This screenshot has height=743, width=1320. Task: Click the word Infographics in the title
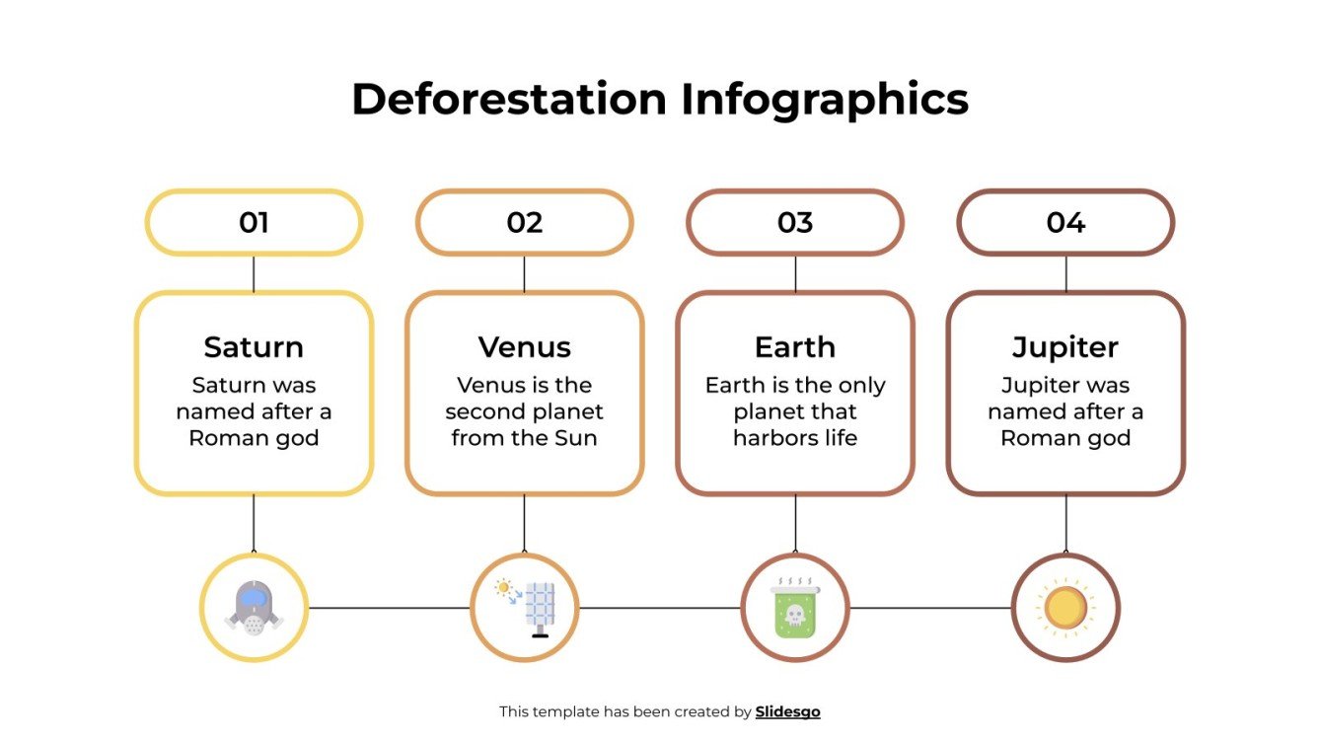pyautogui.click(x=825, y=101)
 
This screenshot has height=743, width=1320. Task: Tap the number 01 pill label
pyautogui.click(x=254, y=222)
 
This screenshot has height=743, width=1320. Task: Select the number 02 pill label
pyautogui.click(x=524, y=222)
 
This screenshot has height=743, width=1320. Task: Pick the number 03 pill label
pyautogui.click(x=795, y=222)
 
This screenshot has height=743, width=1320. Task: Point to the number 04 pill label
pyautogui.click(x=1065, y=222)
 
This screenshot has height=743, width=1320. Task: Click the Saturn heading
pyautogui.click(x=254, y=347)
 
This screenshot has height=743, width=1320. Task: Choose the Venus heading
pyautogui.click(x=524, y=347)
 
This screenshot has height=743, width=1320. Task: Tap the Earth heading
pyautogui.click(x=795, y=347)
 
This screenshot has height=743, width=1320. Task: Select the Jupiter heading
pyautogui.click(x=1065, y=347)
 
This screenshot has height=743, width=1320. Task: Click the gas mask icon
pyautogui.click(x=254, y=607)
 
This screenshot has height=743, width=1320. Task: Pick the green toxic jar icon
pyautogui.click(x=795, y=607)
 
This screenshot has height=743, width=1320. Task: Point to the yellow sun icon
pyautogui.click(x=1065, y=607)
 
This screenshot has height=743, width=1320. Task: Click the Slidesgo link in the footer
pyautogui.click(x=787, y=711)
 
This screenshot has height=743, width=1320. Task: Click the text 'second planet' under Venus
pyautogui.click(x=524, y=411)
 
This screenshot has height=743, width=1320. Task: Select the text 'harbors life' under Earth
pyautogui.click(x=795, y=437)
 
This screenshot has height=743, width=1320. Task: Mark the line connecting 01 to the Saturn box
pyautogui.click(x=254, y=273)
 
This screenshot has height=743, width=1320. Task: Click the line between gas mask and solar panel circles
pyautogui.click(x=390, y=608)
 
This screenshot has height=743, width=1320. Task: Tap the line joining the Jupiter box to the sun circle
pyautogui.click(x=1065, y=523)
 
